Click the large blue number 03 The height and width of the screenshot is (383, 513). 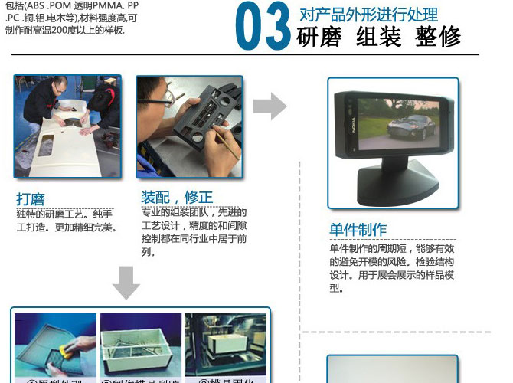pyautogui.click(x=263, y=27)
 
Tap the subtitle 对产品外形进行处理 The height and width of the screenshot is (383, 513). pyautogui.click(x=368, y=14)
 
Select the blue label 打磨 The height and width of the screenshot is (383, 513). pyautogui.click(x=31, y=198)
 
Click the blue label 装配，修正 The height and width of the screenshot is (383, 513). pyautogui.click(x=177, y=196)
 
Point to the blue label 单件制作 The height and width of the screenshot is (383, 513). pyautogui.click(x=358, y=229)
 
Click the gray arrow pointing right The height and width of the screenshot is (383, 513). pyautogui.click(x=269, y=106)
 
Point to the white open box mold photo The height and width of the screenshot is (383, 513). pyautogui.click(x=141, y=345)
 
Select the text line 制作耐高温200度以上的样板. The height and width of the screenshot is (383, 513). pyautogui.click(x=64, y=31)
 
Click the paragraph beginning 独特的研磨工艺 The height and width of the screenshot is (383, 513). pyautogui.click(x=66, y=220)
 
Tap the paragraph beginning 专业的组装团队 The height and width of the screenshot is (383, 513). pyautogui.click(x=194, y=231)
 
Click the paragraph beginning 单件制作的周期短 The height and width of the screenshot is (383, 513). pyautogui.click(x=391, y=268)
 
